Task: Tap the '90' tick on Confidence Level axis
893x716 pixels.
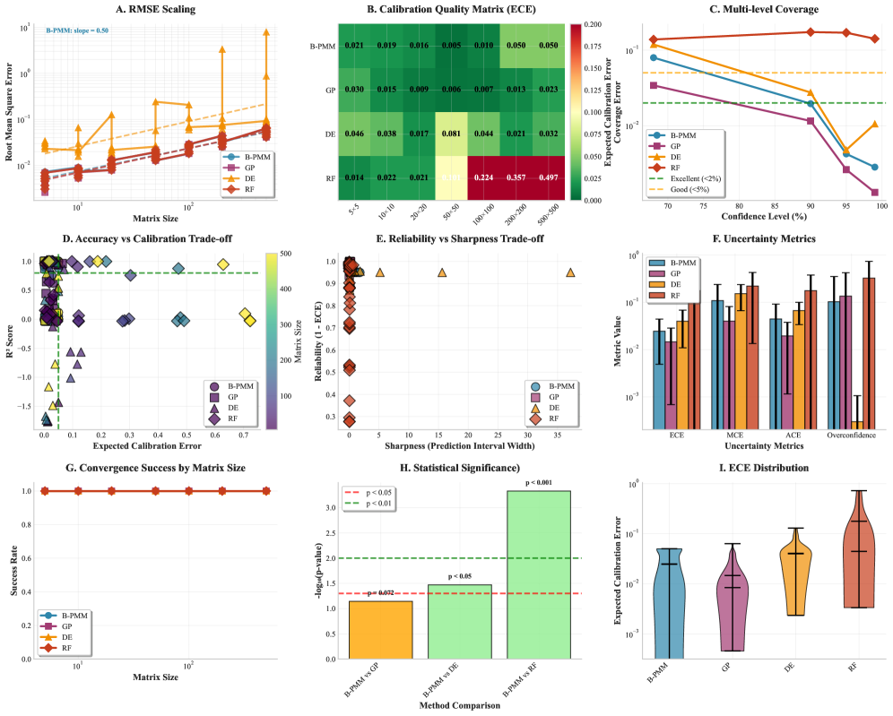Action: tap(810, 205)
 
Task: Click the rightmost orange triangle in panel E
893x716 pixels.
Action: tap(571, 272)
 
